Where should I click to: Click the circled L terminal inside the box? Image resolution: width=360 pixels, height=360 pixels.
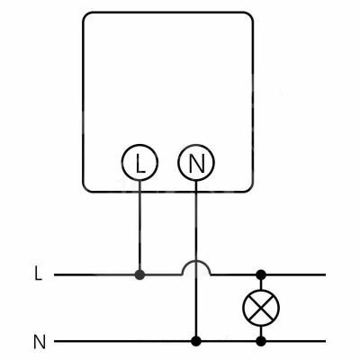click(x=139, y=162)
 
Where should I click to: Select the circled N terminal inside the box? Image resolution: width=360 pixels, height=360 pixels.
click(x=196, y=162)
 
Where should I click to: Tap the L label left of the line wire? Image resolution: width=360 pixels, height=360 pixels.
click(x=38, y=274)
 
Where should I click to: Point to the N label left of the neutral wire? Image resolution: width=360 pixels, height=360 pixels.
click(x=40, y=342)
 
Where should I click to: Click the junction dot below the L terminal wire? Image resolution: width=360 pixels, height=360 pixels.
click(x=139, y=274)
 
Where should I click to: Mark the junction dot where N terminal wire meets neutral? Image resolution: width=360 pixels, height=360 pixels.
click(x=196, y=341)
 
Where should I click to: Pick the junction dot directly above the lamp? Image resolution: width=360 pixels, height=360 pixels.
click(x=261, y=274)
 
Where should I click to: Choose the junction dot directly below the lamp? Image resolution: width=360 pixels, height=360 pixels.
click(x=261, y=341)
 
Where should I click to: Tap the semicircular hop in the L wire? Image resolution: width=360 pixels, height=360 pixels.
click(x=196, y=261)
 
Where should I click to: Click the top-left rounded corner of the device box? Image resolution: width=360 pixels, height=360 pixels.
click(x=85, y=15)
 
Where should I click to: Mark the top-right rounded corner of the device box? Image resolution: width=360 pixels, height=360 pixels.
click(x=250, y=15)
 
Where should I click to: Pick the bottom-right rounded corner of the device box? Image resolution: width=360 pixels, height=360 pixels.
click(x=250, y=189)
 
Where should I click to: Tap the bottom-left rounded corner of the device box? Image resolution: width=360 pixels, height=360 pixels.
click(x=85, y=189)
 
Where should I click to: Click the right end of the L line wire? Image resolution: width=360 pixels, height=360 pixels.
click(x=326, y=274)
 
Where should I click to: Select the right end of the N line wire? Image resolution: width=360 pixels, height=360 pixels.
click(x=326, y=341)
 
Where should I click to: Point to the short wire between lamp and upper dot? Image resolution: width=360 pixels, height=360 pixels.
click(x=261, y=284)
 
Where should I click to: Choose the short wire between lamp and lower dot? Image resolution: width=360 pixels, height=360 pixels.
click(x=261, y=331)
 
